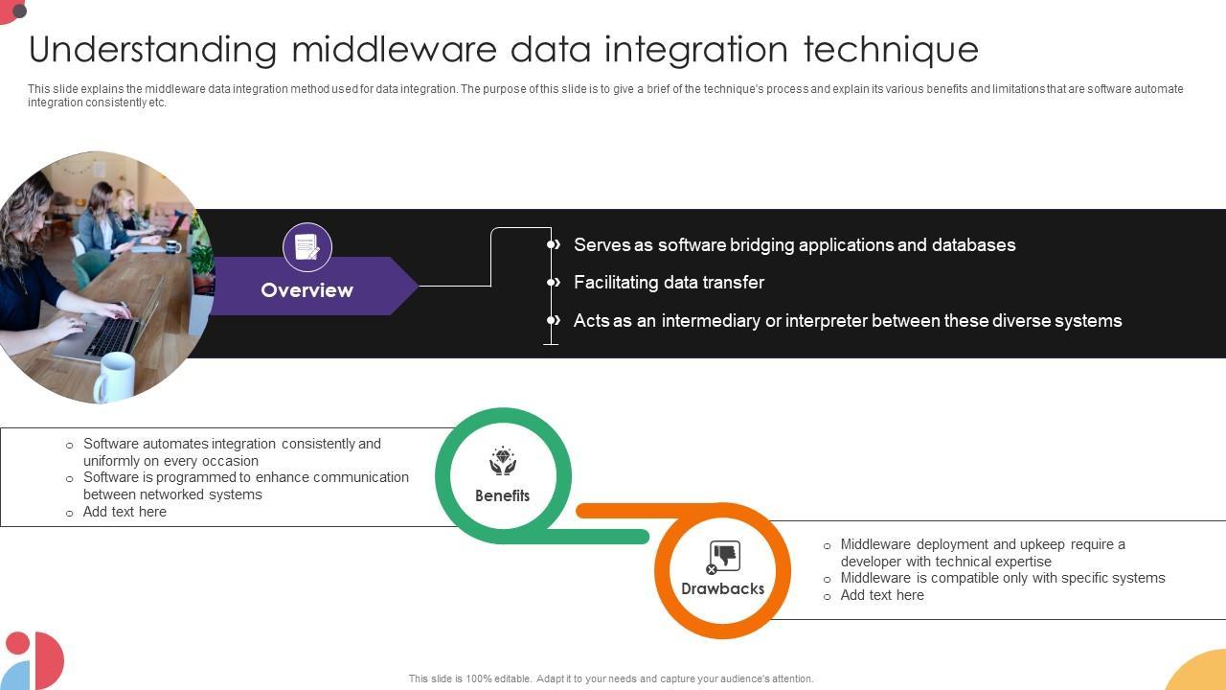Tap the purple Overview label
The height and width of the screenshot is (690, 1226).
pos(306,289)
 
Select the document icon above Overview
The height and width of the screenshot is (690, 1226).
pos(307,247)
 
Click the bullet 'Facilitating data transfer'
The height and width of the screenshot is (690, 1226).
pos(669,283)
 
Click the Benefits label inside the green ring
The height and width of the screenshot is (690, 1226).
pos(502,495)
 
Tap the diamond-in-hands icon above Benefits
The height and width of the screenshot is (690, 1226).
pos(503,462)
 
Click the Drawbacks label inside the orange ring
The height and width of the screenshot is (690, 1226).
pos(722,588)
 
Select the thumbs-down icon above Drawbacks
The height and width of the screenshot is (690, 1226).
pos(725,556)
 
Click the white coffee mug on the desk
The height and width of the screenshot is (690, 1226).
pos(115,377)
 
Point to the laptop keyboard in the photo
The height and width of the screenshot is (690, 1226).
pos(111,335)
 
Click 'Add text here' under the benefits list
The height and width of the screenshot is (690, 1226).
pos(125,512)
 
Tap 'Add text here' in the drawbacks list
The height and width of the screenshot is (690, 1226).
pos(882,595)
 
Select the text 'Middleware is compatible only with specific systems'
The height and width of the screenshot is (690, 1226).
pos(1003,578)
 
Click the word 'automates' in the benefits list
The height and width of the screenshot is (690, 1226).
pos(175,444)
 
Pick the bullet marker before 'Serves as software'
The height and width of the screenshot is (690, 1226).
pos(554,245)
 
